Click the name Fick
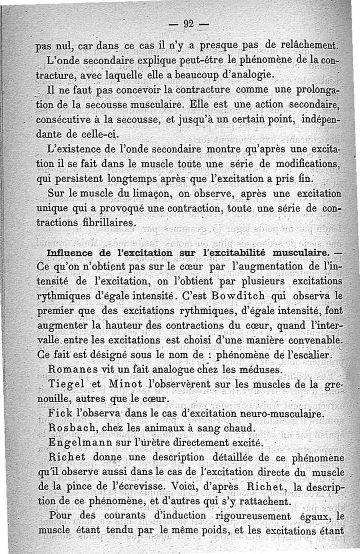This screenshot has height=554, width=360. (58, 414)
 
